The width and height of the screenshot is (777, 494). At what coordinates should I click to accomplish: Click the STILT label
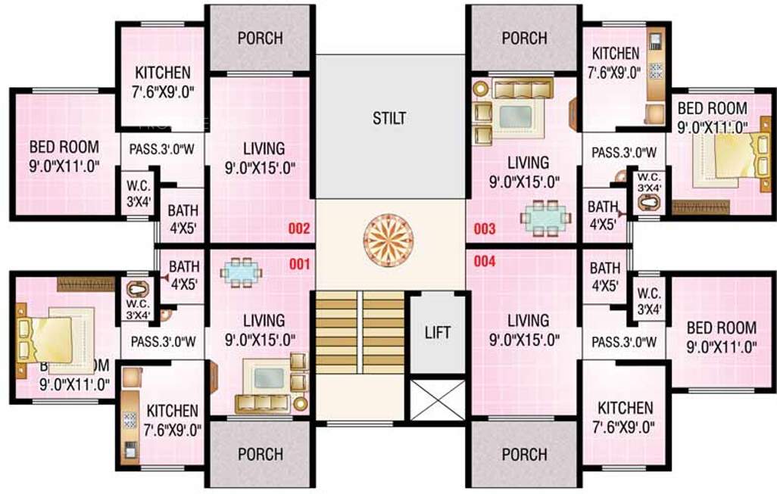tap(389, 118)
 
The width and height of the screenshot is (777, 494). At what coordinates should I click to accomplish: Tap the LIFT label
tap(438, 332)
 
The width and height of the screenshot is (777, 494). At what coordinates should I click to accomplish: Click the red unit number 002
tap(299, 228)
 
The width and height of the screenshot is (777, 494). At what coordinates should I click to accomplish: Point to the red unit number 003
tap(485, 228)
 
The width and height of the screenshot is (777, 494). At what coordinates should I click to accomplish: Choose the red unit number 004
tap(485, 263)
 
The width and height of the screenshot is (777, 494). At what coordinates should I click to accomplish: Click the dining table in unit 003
tap(544, 216)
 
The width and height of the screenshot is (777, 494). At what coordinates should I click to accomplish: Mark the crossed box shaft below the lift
tap(438, 399)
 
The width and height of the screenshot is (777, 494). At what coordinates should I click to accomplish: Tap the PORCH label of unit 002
tap(260, 38)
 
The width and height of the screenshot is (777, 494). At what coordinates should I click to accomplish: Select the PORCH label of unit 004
tap(524, 454)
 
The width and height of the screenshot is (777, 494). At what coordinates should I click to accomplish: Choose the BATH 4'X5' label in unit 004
tap(604, 277)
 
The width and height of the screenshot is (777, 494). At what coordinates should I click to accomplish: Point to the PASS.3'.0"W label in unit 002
tap(162, 149)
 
